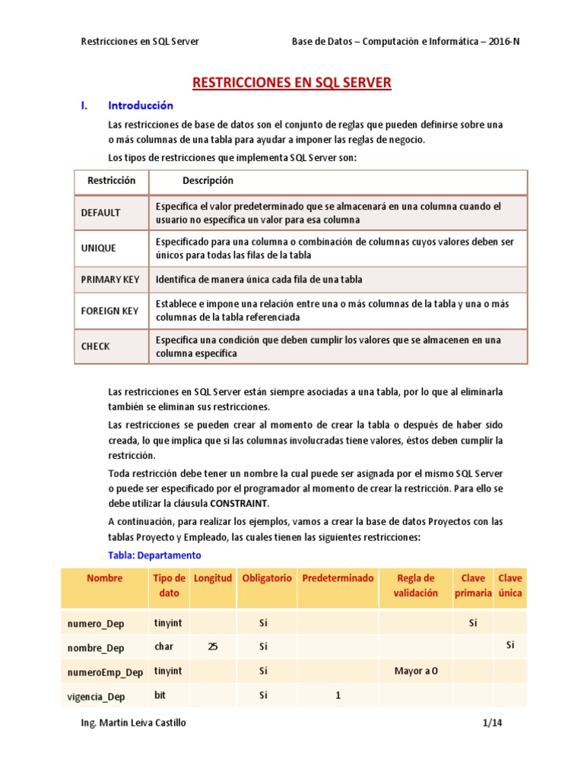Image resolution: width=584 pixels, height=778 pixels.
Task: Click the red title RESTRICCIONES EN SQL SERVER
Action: (292, 82)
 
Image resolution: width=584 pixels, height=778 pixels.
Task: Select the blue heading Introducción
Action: (141, 106)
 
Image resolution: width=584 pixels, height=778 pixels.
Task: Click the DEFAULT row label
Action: (100, 213)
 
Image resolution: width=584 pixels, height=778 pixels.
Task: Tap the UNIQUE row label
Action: (98, 248)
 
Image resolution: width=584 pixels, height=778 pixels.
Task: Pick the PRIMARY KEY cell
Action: (110, 280)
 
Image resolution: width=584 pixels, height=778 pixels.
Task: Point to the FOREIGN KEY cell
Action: (109, 311)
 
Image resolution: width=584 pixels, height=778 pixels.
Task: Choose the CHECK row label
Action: (96, 346)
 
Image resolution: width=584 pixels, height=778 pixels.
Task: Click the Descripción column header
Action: (208, 181)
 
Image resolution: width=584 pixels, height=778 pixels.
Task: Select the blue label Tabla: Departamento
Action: (154, 555)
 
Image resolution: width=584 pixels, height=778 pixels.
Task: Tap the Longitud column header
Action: (213, 578)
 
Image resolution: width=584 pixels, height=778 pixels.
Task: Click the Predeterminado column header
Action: (338, 578)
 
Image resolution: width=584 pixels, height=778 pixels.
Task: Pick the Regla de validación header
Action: (415, 585)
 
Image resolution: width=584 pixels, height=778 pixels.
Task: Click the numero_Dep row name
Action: (95, 624)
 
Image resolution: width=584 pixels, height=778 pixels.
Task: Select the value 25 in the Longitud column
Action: (213, 647)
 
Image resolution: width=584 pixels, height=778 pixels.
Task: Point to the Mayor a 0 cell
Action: (415, 671)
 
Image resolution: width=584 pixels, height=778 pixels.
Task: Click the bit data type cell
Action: (160, 694)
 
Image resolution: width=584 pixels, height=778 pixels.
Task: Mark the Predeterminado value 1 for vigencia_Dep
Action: (338, 695)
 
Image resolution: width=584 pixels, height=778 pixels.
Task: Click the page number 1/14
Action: (492, 723)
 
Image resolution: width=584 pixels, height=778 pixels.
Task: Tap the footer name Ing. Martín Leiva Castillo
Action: (133, 723)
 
